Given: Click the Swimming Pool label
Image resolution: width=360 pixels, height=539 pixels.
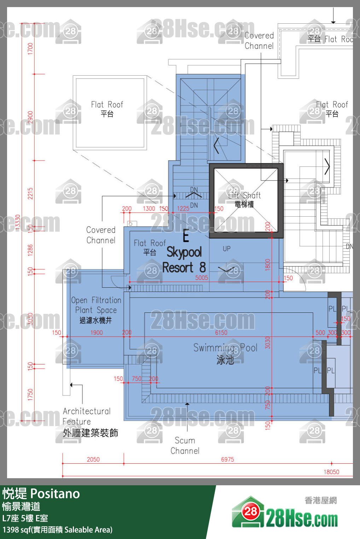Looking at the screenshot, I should pos(225,353).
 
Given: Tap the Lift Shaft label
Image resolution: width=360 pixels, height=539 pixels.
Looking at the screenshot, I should pos(244,199).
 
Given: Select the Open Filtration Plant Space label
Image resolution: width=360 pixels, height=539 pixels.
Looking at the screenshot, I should pos(96,310).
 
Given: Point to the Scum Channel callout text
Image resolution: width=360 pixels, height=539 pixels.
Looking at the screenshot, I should pos(185,445).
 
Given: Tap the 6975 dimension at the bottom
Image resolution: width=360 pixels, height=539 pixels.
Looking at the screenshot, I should pos(227,459).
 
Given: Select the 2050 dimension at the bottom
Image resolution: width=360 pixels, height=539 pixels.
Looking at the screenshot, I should pos(93,459).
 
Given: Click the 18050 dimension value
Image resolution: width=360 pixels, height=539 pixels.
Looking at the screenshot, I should pos(331,472).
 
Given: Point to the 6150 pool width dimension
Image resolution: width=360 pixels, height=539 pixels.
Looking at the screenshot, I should pos(221,333).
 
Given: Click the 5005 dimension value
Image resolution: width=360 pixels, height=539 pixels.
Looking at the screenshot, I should pos(202,278).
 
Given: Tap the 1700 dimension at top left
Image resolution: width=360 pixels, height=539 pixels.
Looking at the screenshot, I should pos(30,48).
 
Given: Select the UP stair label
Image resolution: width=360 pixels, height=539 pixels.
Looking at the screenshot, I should pos(227,249).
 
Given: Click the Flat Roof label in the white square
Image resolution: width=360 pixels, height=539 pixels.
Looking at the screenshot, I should pos(107,109).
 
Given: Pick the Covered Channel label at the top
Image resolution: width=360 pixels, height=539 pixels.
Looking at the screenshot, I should pos(259,41).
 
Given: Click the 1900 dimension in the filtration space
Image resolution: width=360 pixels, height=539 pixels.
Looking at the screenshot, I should pos(97,333).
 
